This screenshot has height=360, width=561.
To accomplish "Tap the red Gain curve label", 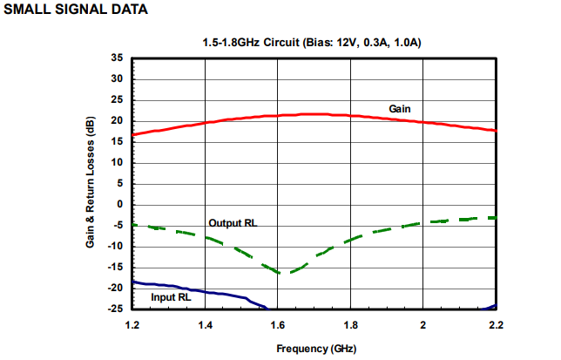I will coord(400,108).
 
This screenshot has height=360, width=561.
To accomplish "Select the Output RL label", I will coord(233,223).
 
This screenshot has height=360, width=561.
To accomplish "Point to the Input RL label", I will coord(171,296).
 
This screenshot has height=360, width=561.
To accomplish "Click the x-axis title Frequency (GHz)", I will coord(314,348).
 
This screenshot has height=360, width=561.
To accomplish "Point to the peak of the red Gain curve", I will coord(314,114).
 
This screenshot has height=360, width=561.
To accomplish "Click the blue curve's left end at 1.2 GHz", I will coord(133,282).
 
